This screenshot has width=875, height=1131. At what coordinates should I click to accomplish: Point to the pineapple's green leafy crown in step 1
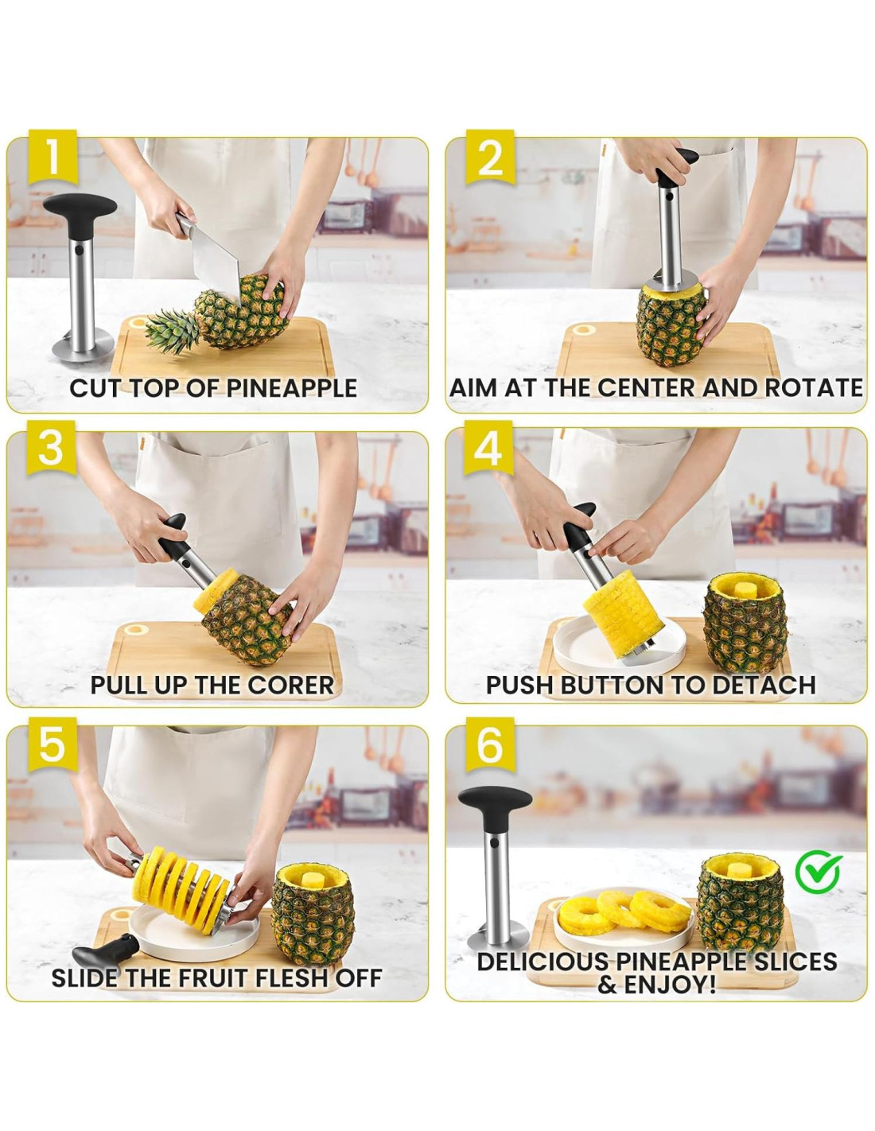click(x=172, y=331)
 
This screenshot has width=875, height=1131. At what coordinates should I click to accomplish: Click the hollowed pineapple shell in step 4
click(x=745, y=624)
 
